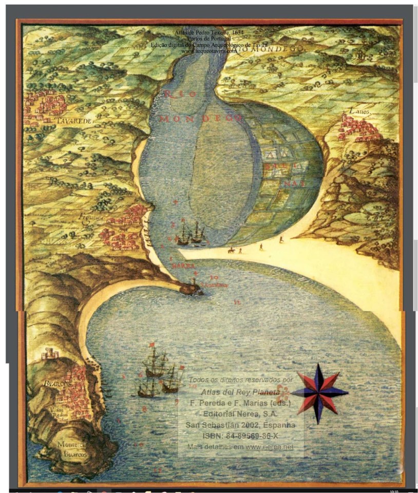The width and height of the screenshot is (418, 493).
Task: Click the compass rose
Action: click(319, 393)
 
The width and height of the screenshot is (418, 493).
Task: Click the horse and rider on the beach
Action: click(232, 250)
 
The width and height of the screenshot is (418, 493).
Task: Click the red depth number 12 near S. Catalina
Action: click(237, 302)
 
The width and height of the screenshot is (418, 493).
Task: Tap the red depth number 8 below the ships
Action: click(144, 409)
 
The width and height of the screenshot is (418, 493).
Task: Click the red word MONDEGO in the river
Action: click(200, 119)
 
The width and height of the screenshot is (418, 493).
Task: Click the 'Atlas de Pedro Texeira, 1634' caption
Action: click(209, 32)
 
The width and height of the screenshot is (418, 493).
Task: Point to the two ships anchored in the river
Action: click(191, 234)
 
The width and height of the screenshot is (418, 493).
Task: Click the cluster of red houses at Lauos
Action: click(359, 128)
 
